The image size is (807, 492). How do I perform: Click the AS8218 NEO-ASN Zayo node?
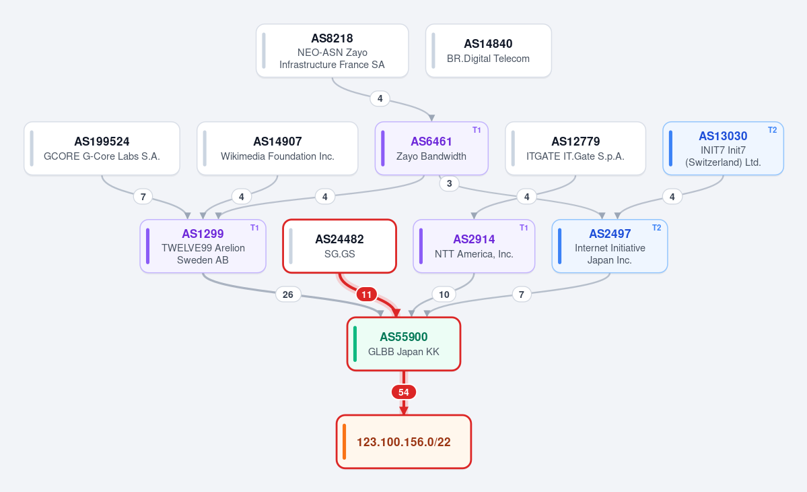click(x=332, y=51)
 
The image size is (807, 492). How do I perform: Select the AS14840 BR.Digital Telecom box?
click(x=489, y=51)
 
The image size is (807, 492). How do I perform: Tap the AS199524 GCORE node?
click(x=102, y=148)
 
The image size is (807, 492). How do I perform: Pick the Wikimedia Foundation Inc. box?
click(x=277, y=148)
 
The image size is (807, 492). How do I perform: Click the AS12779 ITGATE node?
click(x=575, y=148)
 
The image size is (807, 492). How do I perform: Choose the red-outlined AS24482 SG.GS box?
click(x=340, y=246)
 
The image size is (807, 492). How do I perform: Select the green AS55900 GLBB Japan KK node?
click(x=404, y=344)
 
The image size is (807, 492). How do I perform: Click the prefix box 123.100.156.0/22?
click(x=404, y=441)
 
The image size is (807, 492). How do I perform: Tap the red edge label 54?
click(x=404, y=392)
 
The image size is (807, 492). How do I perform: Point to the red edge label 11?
click(x=366, y=295)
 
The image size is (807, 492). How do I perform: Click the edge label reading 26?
click(x=287, y=295)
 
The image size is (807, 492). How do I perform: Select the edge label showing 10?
click(x=444, y=295)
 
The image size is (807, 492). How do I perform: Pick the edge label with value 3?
click(x=450, y=183)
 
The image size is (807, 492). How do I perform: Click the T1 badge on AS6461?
click(x=477, y=130)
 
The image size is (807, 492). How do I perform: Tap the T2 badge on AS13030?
click(x=772, y=130)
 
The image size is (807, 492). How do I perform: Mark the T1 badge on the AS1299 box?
click(x=254, y=228)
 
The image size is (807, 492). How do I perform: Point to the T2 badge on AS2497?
click(x=656, y=228)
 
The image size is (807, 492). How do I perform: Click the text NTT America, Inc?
click(x=474, y=254)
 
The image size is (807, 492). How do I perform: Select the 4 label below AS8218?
click(x=380, y=98)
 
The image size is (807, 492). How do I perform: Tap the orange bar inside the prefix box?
click(x=344, y=441)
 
